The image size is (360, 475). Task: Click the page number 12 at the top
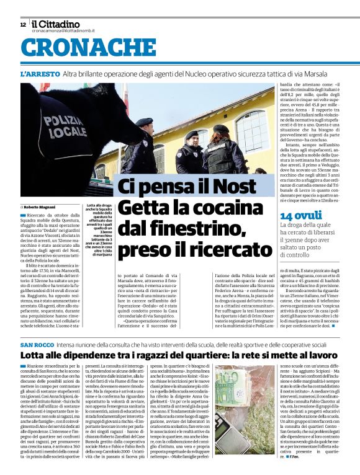pos(23,25)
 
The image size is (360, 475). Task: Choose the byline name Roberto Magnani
pos(40,206)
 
